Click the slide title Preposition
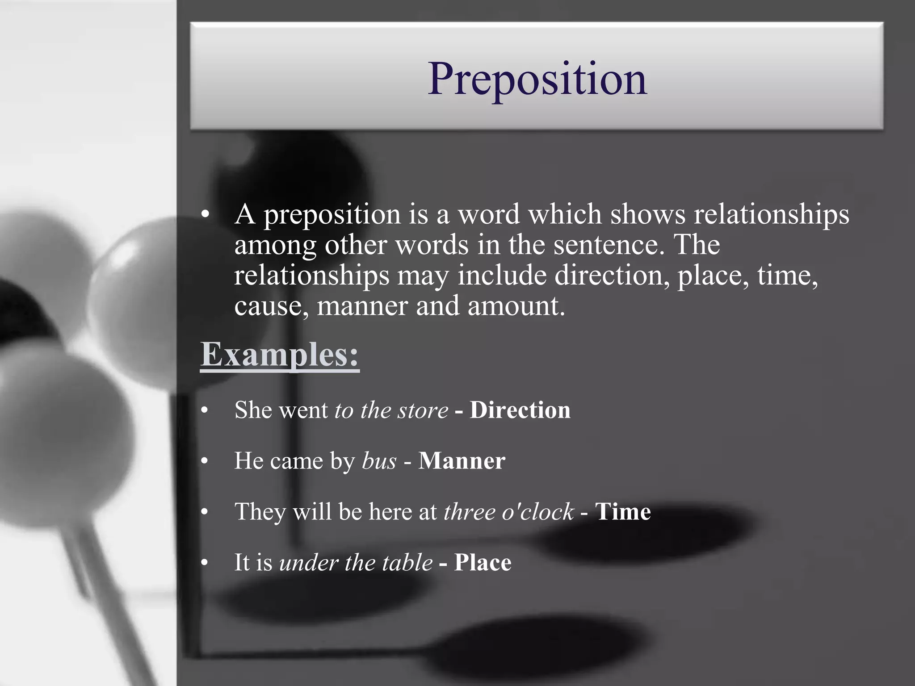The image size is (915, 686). tap(537, 79)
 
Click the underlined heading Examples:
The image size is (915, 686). tap(280, 354)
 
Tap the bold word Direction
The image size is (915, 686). tap(520, 410)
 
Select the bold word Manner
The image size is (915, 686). tap(462, 460)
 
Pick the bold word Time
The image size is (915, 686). tap(623, 511)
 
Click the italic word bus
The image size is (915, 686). tap(379, 461)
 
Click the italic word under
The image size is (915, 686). tap(308, 562)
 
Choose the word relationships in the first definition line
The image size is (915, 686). tap(771, 215)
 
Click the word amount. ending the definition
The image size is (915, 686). tap(516, 307)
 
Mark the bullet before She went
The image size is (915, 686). tap(205, 410)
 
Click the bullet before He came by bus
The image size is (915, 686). tap(205, 461)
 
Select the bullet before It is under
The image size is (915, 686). tap(205, 563)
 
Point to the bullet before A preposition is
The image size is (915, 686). tap(205, 215)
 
